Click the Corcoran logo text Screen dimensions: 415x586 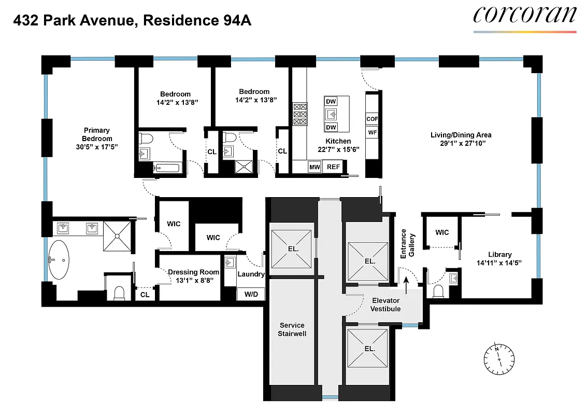click(x=524, y=15)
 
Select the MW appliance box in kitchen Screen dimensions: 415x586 click(x=314, y=167)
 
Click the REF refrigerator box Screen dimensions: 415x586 click(x=333, y=167)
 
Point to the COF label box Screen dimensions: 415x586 click(x=372, y=119)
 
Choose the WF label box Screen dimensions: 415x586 click(x=372, y=132)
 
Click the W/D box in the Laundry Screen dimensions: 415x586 click(x=251, y=294)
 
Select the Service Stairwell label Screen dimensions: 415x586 click(x=292, y=329)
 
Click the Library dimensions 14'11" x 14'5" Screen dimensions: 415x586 click(x=499, y=262)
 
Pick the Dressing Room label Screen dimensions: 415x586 click(x=193, y=272)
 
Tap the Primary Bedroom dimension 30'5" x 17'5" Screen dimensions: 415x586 click(x=97, y=147)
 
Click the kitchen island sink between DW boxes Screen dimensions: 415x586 click(x=331, y=114)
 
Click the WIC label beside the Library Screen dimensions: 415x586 click(x=441, y=232)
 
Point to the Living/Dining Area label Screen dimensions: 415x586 click(x=461, y=135)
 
